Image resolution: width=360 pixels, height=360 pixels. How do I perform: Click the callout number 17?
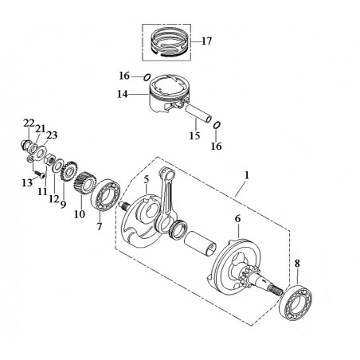tap(206, 41)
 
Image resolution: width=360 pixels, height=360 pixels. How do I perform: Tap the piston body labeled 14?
tap(169, 94)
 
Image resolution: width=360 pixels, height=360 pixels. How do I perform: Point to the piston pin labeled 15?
tap(198, 113)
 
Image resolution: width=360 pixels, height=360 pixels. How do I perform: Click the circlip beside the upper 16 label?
tap(147, 77)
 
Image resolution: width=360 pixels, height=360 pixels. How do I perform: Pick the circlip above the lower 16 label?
tap(217, 125)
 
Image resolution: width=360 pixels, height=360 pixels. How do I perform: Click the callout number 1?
tap(247, 175)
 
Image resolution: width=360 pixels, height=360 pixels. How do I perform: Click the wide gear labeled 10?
tap(84, 183)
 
